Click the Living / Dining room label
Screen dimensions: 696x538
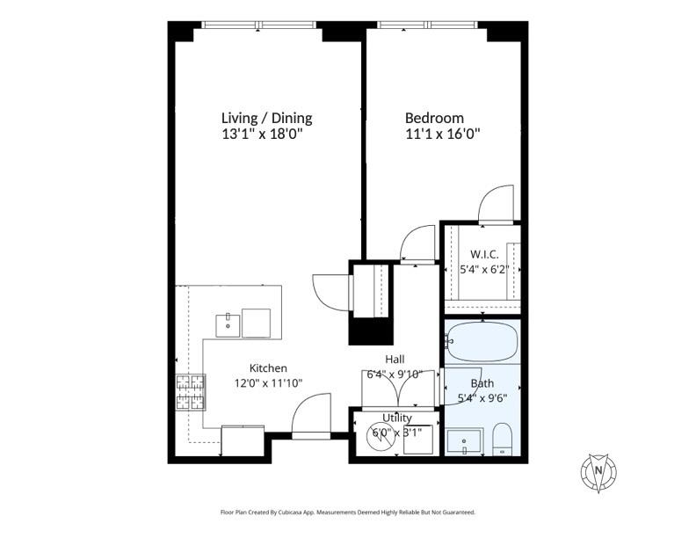(267, 118)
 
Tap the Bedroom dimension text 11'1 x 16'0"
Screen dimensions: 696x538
(443, 134)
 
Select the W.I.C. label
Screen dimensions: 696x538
(484, 254)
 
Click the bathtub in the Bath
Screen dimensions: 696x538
(482, 342)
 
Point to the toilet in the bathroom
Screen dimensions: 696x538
(503, 439)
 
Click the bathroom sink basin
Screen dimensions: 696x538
(464, 441)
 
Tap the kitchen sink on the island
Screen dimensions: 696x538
(228, 326)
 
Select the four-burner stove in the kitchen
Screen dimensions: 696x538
(191, 392)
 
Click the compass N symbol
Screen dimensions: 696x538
(598, 472)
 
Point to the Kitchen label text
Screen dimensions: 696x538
(268, 368)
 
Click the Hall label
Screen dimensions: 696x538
(395, 360)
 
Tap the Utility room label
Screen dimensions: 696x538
(397, 418)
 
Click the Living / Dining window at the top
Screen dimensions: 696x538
(258, 25)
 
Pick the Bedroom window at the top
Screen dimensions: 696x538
(427, 25)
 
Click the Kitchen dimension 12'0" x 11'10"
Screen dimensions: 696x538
(269, 383)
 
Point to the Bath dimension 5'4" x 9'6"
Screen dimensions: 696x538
(482, 398)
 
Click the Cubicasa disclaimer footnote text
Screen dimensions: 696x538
(348, 513)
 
